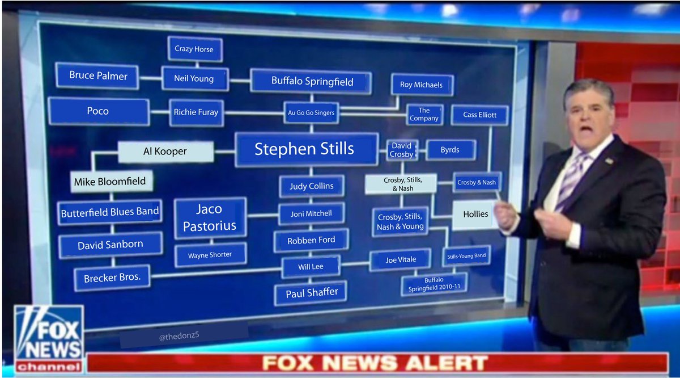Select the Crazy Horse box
(194, 49)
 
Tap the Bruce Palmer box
(98, 75)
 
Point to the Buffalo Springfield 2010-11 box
(434, 284)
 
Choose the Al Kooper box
(165, 152)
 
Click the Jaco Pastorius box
(209, 217)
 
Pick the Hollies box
(475, 214)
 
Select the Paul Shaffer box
(311, 292)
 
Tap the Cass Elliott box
(479, 115)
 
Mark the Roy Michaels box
(421, 85)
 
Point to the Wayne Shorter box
(210, 255)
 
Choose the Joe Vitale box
(401, 259)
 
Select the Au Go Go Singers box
(311, 113)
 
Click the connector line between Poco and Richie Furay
(159, 112)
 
